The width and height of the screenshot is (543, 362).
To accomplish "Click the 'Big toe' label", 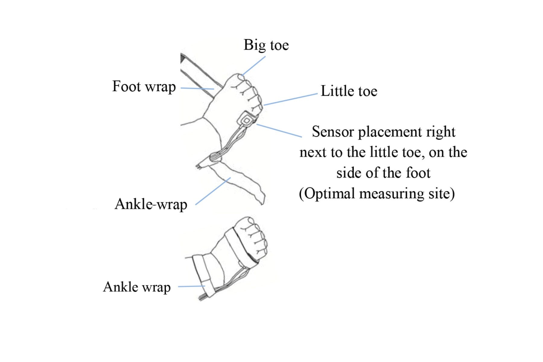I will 266,45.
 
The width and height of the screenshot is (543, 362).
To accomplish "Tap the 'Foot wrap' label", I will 144,87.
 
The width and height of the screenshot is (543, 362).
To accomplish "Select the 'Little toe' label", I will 349,91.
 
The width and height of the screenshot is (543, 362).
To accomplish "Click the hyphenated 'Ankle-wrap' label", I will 151,204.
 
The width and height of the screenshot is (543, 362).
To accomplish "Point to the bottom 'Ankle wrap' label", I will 137,287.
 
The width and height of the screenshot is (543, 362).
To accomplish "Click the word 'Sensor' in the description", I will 333,132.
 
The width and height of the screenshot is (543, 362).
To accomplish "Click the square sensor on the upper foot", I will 246,120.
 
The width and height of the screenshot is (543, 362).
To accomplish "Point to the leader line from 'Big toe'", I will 254,65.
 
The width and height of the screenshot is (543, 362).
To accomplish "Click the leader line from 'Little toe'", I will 291,99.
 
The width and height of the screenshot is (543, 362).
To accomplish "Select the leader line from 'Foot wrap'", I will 197,88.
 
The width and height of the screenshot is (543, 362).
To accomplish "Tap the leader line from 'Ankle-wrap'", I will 213,191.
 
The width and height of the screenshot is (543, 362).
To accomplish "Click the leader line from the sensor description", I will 279,131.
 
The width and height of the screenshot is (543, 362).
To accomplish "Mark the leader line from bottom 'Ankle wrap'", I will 192,286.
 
